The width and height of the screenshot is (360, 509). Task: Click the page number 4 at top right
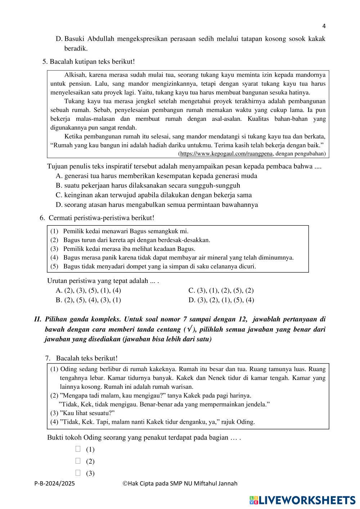(324, 26)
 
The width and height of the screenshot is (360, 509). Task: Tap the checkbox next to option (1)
(78, 449)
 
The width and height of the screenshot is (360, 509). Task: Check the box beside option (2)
(78, 461)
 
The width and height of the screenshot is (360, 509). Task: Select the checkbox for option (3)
(78, 473)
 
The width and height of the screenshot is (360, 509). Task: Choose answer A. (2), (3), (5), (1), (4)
(89, 290)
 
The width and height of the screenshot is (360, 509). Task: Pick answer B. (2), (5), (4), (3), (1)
(89, 300)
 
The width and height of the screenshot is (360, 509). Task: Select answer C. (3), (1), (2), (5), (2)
(221, 290)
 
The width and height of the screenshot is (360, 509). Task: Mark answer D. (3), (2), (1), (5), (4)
(221, 300)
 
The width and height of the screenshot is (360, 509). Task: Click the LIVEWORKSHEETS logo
(302, 500)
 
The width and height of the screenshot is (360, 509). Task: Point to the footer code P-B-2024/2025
(55, 483)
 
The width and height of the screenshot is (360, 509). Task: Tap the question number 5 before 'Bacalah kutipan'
(45, 62)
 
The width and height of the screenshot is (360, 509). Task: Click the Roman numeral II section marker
(38, 319)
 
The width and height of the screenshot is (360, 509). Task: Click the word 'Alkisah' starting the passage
(75, 75)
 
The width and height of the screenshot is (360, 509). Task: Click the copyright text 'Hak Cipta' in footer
(140, 483)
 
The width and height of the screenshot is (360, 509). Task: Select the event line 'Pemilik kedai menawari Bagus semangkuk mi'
(125, 231)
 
